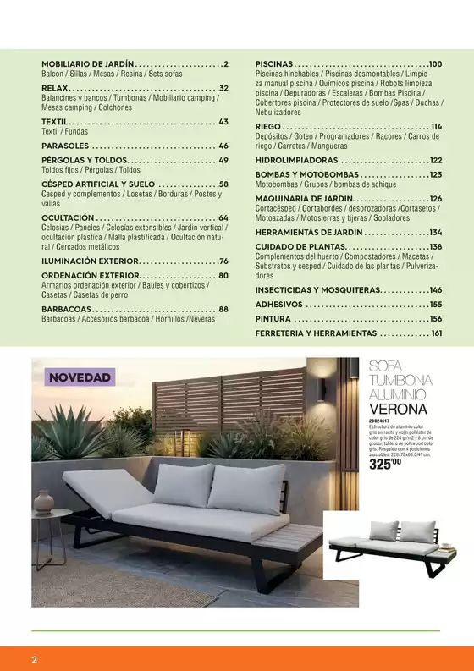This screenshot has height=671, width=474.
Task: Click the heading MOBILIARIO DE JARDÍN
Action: tap(88, 64)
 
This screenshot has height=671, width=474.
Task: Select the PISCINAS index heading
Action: tap(274, 64)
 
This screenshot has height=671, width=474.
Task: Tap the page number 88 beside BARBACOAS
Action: tap(223, 310)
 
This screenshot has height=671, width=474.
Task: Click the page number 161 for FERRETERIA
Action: tap(436, 333)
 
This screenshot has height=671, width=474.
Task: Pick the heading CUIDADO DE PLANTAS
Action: tap(300, 247)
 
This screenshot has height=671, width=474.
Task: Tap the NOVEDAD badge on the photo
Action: tap(80, 377)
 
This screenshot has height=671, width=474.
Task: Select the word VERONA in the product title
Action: tap(399, 410)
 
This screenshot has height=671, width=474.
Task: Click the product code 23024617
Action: tap(381, 421)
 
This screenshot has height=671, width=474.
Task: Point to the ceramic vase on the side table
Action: tap(43, 502)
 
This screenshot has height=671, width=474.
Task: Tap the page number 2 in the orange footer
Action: tap(34, 659)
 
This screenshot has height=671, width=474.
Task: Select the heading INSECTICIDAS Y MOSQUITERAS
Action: tap(318, 290)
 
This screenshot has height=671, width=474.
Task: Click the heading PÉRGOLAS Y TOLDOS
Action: tap(85, 160)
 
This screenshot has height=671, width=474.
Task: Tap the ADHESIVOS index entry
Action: tap(279, 305)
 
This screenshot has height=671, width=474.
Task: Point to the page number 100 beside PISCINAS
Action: tap(435, 64)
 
